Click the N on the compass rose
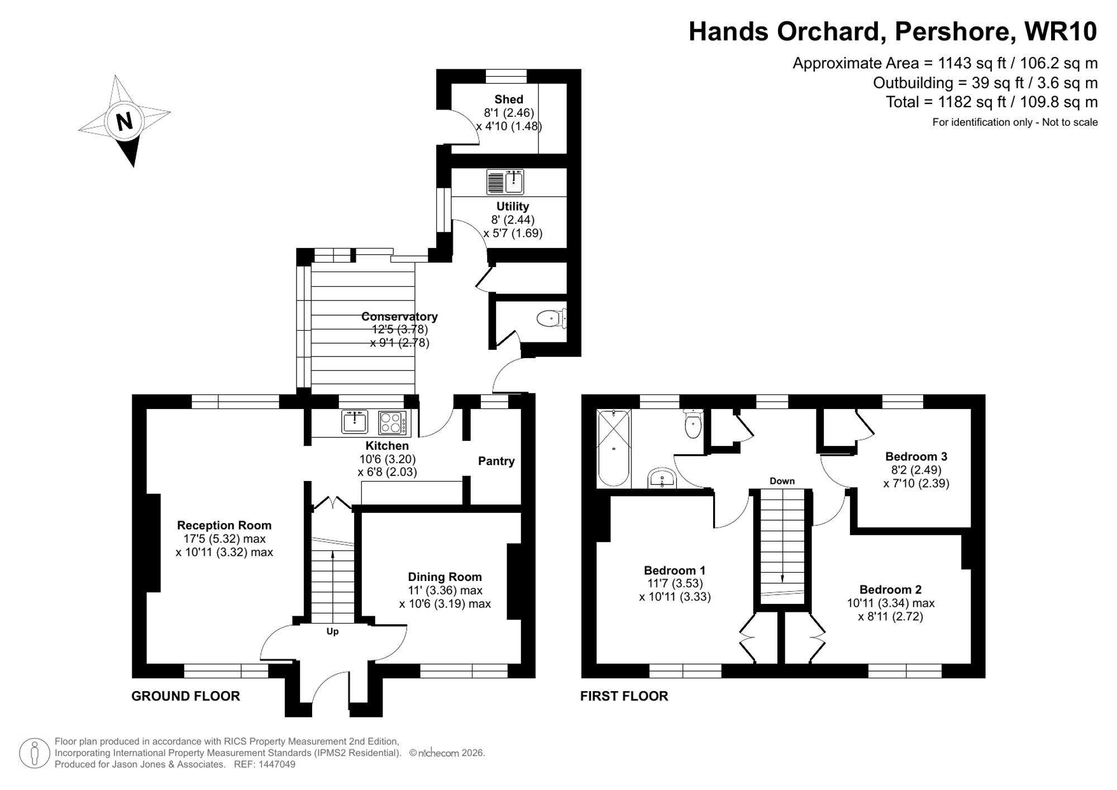coord(125,121)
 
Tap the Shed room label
coord(508,99)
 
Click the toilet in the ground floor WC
coord(550,319)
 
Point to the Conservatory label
coord(399,316)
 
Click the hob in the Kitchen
coord(393,422)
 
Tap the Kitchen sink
coord(355,422)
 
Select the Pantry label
coord(496,461)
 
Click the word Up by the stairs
coord(332,631)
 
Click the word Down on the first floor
coord(782,481)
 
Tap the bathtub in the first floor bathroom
coord(614,448)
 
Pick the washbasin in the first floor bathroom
coord(662,478)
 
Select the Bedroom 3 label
coord(916,456)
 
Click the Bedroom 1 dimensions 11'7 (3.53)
coord(675,584)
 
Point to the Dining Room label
coord(445,577)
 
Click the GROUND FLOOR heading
coord(185,696)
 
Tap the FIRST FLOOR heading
coord(624,696)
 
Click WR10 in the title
coord(1061,31)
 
